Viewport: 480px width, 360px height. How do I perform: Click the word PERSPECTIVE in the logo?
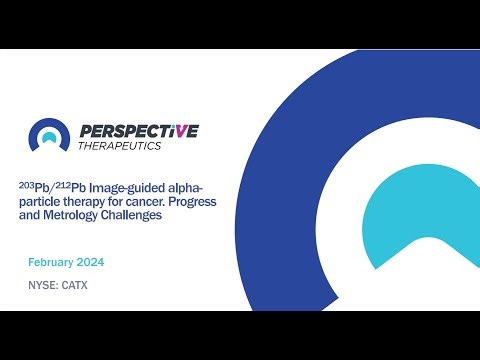137,131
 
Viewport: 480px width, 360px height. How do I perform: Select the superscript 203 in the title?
24,183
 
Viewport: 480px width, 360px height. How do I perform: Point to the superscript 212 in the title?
59,183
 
